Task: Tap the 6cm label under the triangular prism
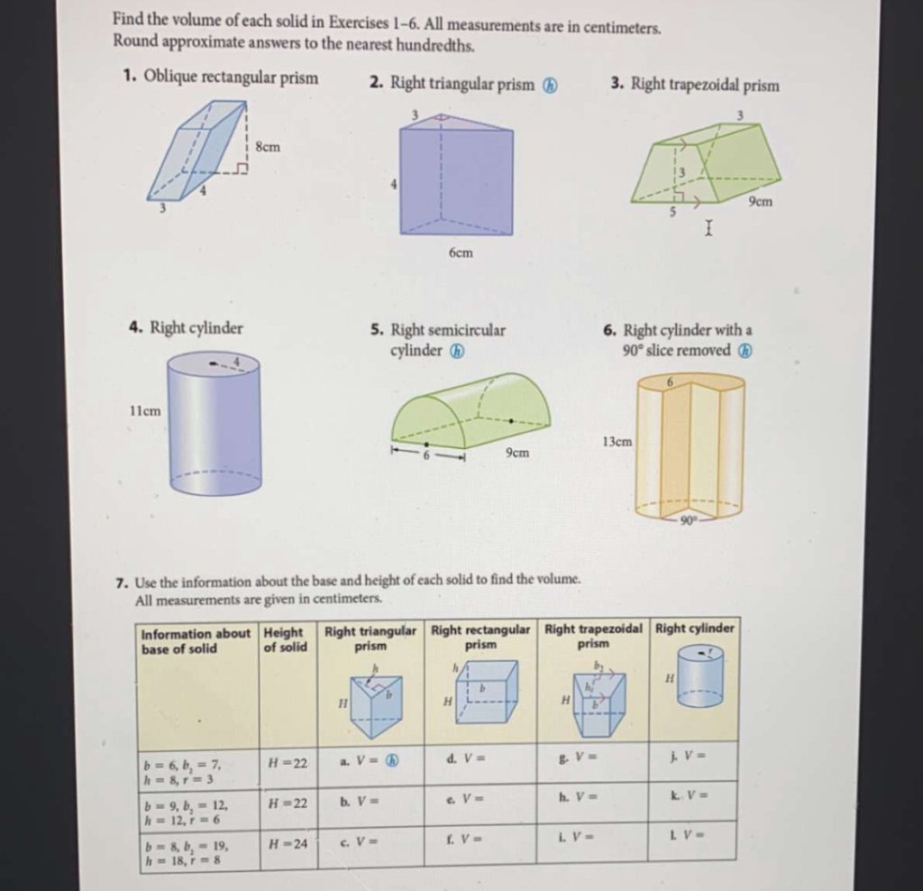[x=460, y=253]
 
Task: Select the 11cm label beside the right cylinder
[x=145, y=410]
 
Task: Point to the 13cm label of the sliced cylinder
[x=617, y=441]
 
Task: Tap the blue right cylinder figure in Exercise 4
[x=215, y=424]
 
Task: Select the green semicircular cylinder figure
[x=471, y=410]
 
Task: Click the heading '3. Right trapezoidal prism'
[x=694, y=85]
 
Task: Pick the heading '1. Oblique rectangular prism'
[x=220, y=78]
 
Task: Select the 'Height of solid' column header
[x=285, y=640]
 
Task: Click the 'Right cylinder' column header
[x=694, y=629]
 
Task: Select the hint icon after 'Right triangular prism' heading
[x=550, y=85]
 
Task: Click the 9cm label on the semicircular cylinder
[x=517, y=452]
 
